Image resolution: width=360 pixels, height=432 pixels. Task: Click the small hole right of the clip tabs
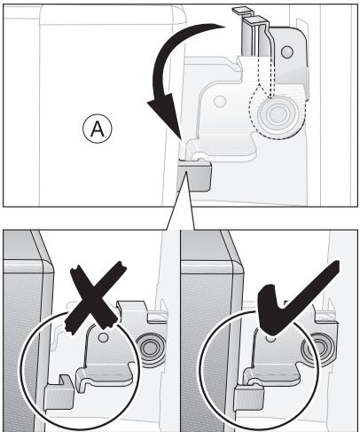pyautogui.click(x=285, y=52)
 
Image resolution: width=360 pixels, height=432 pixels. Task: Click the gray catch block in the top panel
pyautogui.click(x=200, y=176)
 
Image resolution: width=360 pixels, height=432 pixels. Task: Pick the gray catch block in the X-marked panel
pyautogui.click(x=59, y=390)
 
